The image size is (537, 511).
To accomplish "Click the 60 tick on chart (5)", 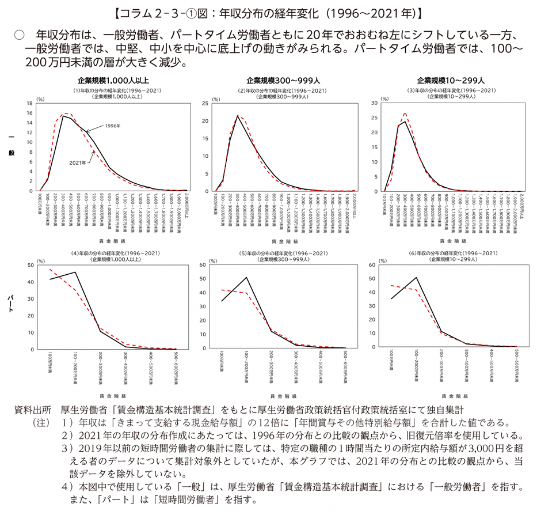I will coord(203,264).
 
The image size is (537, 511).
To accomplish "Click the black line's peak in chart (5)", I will coord(247,278).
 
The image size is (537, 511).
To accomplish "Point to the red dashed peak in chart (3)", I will coord(405,113).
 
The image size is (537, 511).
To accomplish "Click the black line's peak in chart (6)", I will coord(416,278).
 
